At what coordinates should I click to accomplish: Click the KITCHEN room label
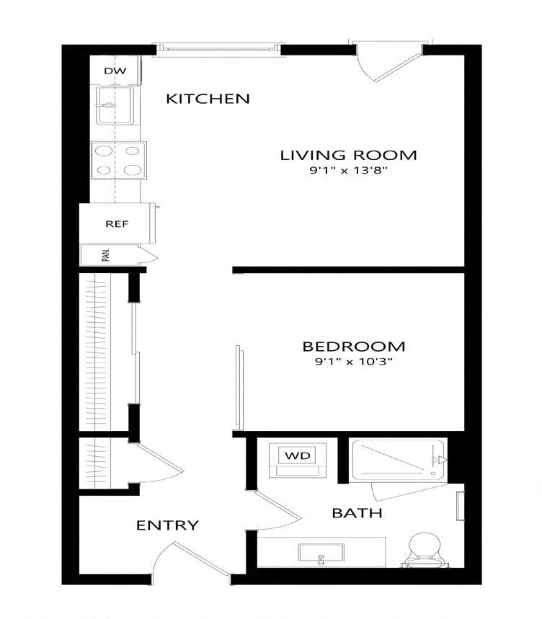208,99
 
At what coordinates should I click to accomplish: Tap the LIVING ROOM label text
348,155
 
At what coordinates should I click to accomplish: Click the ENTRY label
167,525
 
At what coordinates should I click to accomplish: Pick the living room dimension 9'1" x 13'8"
348,171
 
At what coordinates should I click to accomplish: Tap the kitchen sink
114,106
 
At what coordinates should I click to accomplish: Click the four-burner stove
117,160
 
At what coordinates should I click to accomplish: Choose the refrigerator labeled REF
117,223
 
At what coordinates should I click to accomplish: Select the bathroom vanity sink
321,553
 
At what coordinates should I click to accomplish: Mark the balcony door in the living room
389,63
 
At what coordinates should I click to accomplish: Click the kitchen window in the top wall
218,49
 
